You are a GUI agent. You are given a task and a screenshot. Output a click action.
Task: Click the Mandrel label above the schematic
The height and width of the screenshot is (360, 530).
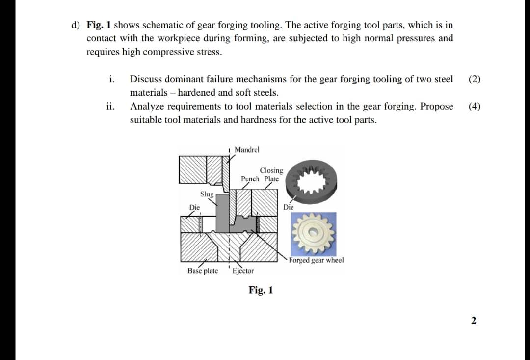[x=247, y=149]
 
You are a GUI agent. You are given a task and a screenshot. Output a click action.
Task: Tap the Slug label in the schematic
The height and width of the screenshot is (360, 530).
[x=207, y=194]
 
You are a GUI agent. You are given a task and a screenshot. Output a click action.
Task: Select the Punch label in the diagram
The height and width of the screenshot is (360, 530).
[x=250, y=179]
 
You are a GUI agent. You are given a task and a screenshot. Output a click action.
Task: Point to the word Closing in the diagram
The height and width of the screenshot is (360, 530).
[x=271, y=170]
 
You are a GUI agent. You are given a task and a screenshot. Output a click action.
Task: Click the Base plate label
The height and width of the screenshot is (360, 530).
[x=203, y=271]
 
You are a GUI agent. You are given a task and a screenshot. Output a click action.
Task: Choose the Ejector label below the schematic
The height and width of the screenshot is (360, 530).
[x=243, y=271]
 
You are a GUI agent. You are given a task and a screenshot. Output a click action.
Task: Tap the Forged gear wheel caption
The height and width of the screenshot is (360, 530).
[x=317, y=260]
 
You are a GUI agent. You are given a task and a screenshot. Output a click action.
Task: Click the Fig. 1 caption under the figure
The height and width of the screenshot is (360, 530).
[x=261, y=290]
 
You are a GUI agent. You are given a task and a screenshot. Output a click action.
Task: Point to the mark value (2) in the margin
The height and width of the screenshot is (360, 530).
[x=475, y=79]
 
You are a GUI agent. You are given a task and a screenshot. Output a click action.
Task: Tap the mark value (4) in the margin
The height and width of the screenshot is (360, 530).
[x=475, y=106]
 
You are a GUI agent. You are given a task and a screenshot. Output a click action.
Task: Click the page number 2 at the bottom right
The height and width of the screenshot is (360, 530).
[x=473, y=321]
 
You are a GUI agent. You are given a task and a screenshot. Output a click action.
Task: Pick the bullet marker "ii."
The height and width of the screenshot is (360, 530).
[x=111, y=106]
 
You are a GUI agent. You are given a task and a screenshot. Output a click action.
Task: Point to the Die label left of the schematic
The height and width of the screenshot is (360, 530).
[x=195, y=207]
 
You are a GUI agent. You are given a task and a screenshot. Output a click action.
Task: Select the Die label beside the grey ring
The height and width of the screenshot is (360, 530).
[x=289, y=207]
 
